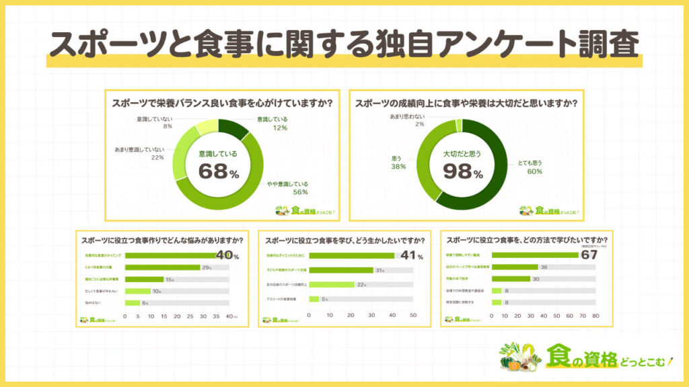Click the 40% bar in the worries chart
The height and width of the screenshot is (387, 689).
(x=171, y=255)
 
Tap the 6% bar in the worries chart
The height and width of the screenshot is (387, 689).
(x=131, y=303)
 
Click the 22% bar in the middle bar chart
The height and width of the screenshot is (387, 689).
(x=331, y=284)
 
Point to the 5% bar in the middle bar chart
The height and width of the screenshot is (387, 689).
(x=314, y=299)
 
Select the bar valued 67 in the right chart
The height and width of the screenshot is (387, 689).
(x=535, y=255)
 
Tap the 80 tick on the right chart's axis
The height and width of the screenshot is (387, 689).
(x=595, y=315)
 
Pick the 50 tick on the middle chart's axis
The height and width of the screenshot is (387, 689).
(x=413, y=315)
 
